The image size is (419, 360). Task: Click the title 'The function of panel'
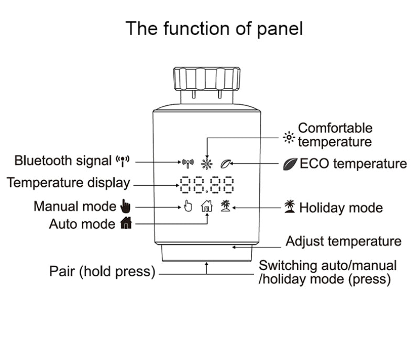point(214,28)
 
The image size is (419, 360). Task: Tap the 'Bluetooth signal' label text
point(63,160)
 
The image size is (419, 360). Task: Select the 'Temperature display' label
point(68,183)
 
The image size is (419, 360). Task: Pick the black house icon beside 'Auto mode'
point(126,223)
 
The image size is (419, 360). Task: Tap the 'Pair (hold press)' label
point(103,272)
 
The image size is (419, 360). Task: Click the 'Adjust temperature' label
point(343,241)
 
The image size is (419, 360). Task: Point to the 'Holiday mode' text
point(341,208)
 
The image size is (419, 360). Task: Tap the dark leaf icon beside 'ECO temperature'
point(289,164)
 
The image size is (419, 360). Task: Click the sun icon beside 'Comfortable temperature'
point(289,137)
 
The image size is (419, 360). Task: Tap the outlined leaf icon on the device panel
point(225,163)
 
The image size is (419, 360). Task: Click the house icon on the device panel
point(207,206)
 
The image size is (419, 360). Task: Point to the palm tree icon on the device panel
point(226,206)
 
